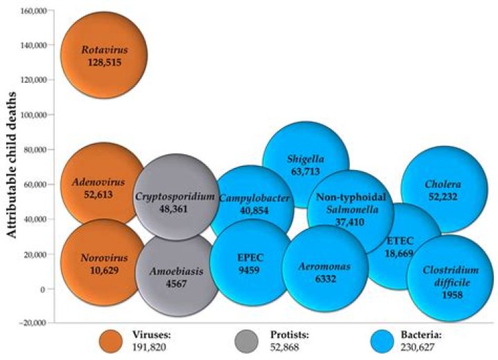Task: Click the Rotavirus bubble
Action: [104, 55]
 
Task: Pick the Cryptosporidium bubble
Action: [176, 197]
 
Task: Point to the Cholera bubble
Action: [444, 189]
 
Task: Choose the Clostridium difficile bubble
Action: [450, 278]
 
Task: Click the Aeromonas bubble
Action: [325, 268]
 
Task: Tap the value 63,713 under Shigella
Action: [306, 171]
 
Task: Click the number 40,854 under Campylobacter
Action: [254, 211]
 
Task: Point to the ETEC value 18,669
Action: [399, 253]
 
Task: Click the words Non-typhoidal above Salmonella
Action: [351, 197]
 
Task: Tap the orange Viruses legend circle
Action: [111, 341]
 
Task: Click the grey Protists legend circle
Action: [246, 341]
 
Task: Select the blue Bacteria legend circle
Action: [382, 341]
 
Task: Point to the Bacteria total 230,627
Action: [417, 348]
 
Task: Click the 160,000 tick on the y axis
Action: [34, 11]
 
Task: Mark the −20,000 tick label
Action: [33, 323]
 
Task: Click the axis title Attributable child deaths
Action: [12, 165]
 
